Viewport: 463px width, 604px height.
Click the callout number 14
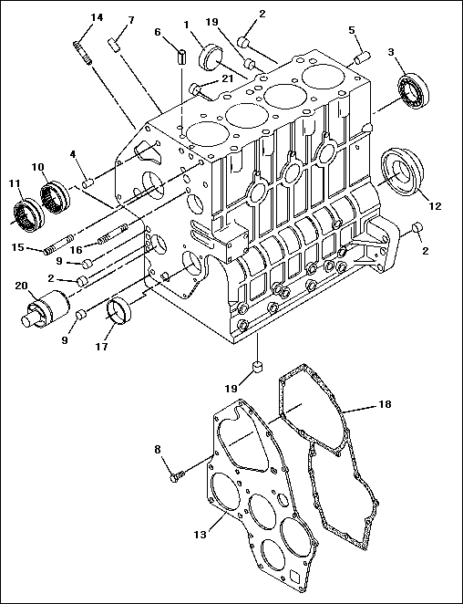(97, 17)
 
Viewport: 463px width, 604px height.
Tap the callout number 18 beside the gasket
(385, 403)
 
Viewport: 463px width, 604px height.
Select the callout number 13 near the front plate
(201, 535)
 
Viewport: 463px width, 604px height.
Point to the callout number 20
(22, 286)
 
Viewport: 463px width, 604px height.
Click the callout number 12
(435, 206)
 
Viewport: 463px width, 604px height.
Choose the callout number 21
(227, 78)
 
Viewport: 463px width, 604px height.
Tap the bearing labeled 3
(414, 90)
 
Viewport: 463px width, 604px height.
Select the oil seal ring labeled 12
(402, 172)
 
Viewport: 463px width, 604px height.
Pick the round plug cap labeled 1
(211, 57)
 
